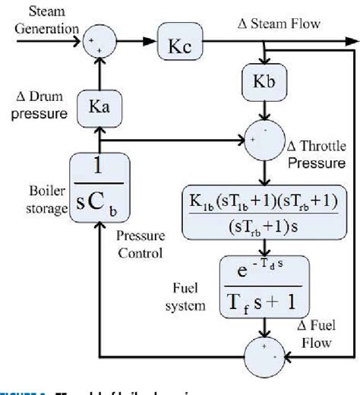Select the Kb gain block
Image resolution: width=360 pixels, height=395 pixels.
pos(264,82)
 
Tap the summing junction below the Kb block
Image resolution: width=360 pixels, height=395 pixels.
pos(263,139)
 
